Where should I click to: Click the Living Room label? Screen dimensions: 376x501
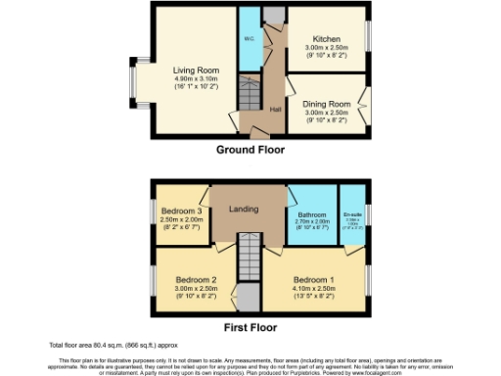pyautogui.click(x=196, y=70)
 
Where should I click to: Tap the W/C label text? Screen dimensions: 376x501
pyautogui.click(x=249, y=40)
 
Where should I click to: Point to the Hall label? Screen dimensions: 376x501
pyautogui.click(x=276, y=109)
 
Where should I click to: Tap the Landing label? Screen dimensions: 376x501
pyautogui.click(x=243, y=209)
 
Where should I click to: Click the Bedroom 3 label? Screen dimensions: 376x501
pyautogui.click(x=181, y=211)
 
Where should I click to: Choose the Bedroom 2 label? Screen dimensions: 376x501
pyautogui.click(x=184, y=281)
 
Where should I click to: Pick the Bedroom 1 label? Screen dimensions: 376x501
pyautogui.click(x=314, y=281)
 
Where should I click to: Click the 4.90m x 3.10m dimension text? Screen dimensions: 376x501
pyautogui.click(x=196, y=79)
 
